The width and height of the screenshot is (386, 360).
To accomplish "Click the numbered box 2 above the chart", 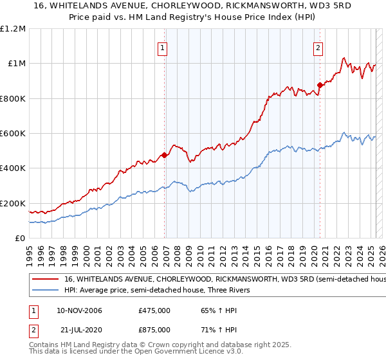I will pos(318,47).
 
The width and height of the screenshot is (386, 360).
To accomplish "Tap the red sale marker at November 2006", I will pos(165,155).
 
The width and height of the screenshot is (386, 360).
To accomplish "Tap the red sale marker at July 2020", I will pos(320,85).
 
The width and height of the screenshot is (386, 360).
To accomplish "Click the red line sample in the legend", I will pos(46,280).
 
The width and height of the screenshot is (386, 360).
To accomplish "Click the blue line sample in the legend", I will pos(46,291).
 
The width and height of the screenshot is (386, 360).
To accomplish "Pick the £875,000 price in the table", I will pos(154,329).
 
